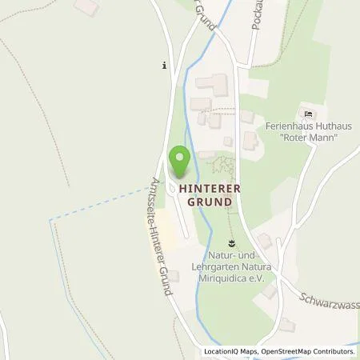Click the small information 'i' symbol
(x=164, y=66)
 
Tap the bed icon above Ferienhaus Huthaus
(x=304, y=114)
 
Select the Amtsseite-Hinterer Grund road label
(x=159, y=238)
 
